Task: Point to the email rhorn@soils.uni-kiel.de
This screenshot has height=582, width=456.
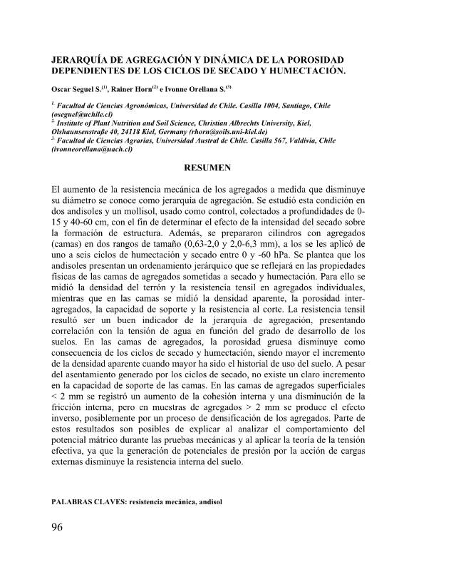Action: (224, 132)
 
